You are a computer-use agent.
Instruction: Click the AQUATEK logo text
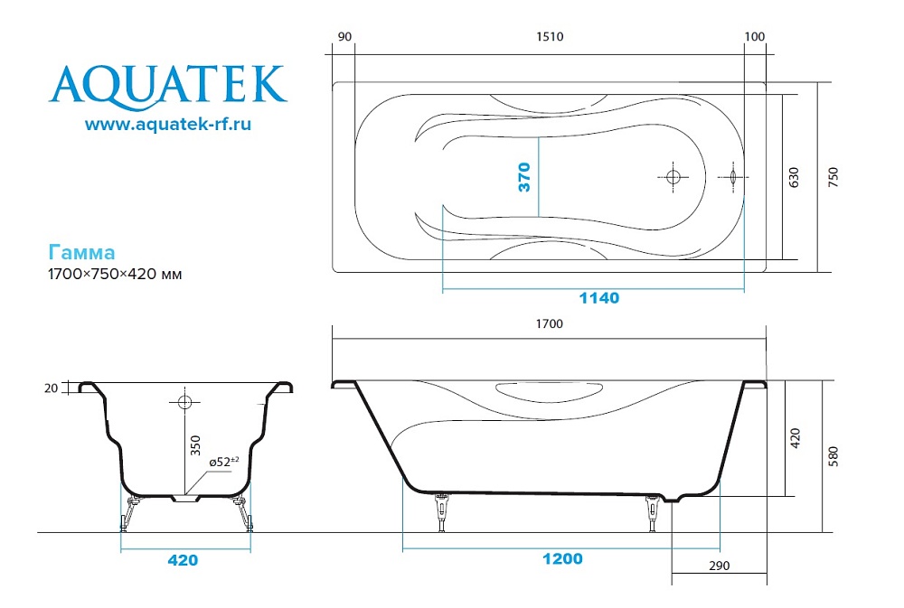click(x=167, y=83)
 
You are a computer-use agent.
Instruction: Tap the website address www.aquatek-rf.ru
click(x=167, y=124)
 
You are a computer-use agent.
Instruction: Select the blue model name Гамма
click(x=80, y=252)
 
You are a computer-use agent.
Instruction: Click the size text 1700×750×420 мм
click(x=115, y=274)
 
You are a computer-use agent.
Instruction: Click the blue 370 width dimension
click(x=524, y=176)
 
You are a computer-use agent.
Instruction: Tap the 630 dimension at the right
click(x=794, y=177)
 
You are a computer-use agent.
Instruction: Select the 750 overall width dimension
click(x=833, y=177)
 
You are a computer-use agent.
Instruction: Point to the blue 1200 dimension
click(x=562, y=558)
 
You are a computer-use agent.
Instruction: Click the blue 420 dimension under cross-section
click(x=183, y=560)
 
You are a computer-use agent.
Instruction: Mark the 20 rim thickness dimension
click(x=51, y=388)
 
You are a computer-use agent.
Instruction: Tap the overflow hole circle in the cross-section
click(x=185, y=400)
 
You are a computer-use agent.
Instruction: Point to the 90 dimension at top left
click(x=344, y=37)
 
